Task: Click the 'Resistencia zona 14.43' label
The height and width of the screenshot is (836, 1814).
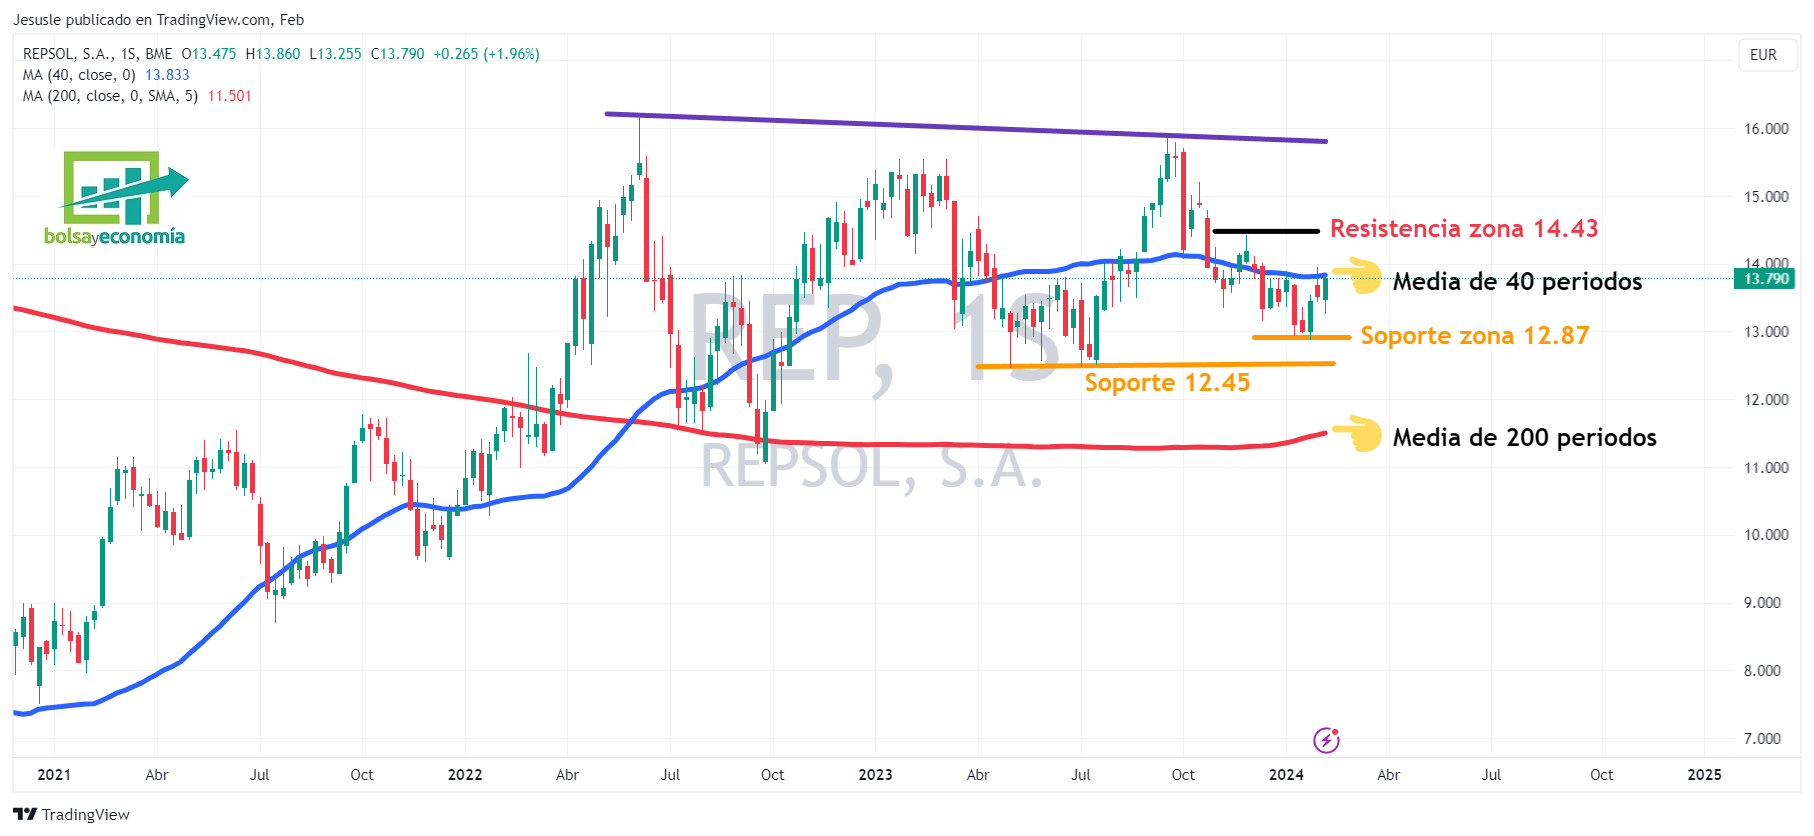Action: tap(1463, 229)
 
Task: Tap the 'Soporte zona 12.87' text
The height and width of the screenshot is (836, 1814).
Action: tap(1474, 336)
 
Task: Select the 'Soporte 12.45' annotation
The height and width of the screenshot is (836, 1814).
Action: tap(1167, 383)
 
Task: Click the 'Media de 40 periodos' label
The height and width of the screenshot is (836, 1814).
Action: tap(1517, 282)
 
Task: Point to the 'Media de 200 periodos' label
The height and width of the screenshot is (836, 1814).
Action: tap(1524, 438)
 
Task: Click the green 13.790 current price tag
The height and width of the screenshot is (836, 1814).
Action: tap(1765, 279)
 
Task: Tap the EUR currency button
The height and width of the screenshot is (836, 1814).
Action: tap(1763, 55)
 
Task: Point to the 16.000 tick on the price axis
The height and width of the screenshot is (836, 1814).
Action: tap(1766, 129)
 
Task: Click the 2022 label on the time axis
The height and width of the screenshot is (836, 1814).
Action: tap(464, 775)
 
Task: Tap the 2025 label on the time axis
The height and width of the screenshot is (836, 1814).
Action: tap(1704, 775)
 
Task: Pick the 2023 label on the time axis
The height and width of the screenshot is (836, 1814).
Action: tap(875, 775)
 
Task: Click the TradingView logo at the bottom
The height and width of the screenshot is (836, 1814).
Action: tap(71, 814)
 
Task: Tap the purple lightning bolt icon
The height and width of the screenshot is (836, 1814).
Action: tap(1326, 740)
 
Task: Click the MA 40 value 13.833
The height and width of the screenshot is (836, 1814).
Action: tap(167, 75)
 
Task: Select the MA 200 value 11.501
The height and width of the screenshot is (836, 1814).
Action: tap(229, 96)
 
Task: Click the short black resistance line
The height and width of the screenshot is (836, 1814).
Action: tap(1265, 231)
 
